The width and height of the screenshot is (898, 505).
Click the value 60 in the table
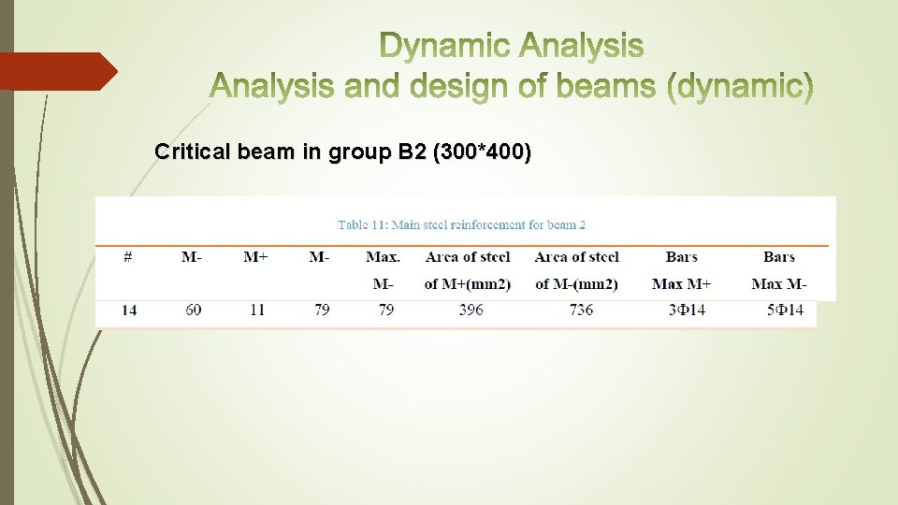coord(193,310)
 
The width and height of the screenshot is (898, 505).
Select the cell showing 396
coord(471,310)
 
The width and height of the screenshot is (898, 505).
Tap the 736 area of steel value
coord(581,310)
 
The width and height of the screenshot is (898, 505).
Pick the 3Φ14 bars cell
coord(687,310)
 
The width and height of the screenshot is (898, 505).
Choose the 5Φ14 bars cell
coord(785,310)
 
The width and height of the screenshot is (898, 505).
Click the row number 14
coord(129,310)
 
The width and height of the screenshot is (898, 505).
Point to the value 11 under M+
coord(257,310)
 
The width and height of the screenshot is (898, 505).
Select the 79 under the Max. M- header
coord(385,310)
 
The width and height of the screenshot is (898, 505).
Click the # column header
coord(128,256)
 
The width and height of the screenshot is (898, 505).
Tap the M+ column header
coord(256,256)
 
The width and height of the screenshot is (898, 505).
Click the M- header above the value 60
coord(192,256)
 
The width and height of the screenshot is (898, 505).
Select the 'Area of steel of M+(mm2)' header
coord(468,269)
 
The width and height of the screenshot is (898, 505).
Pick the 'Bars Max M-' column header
coord(779,269)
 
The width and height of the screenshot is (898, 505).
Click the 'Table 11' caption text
coord(461,224)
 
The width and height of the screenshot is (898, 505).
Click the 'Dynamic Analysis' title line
coord(512,45)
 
